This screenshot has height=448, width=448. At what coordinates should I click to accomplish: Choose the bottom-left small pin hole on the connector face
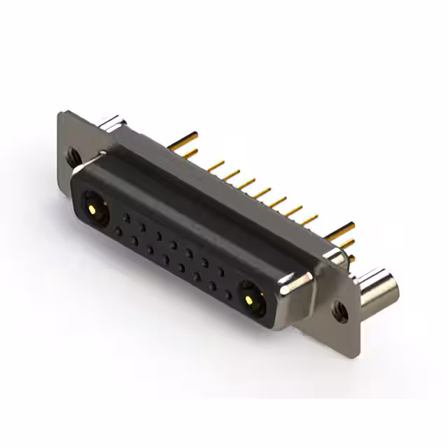119,230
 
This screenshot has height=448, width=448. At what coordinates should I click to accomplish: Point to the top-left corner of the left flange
62,112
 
